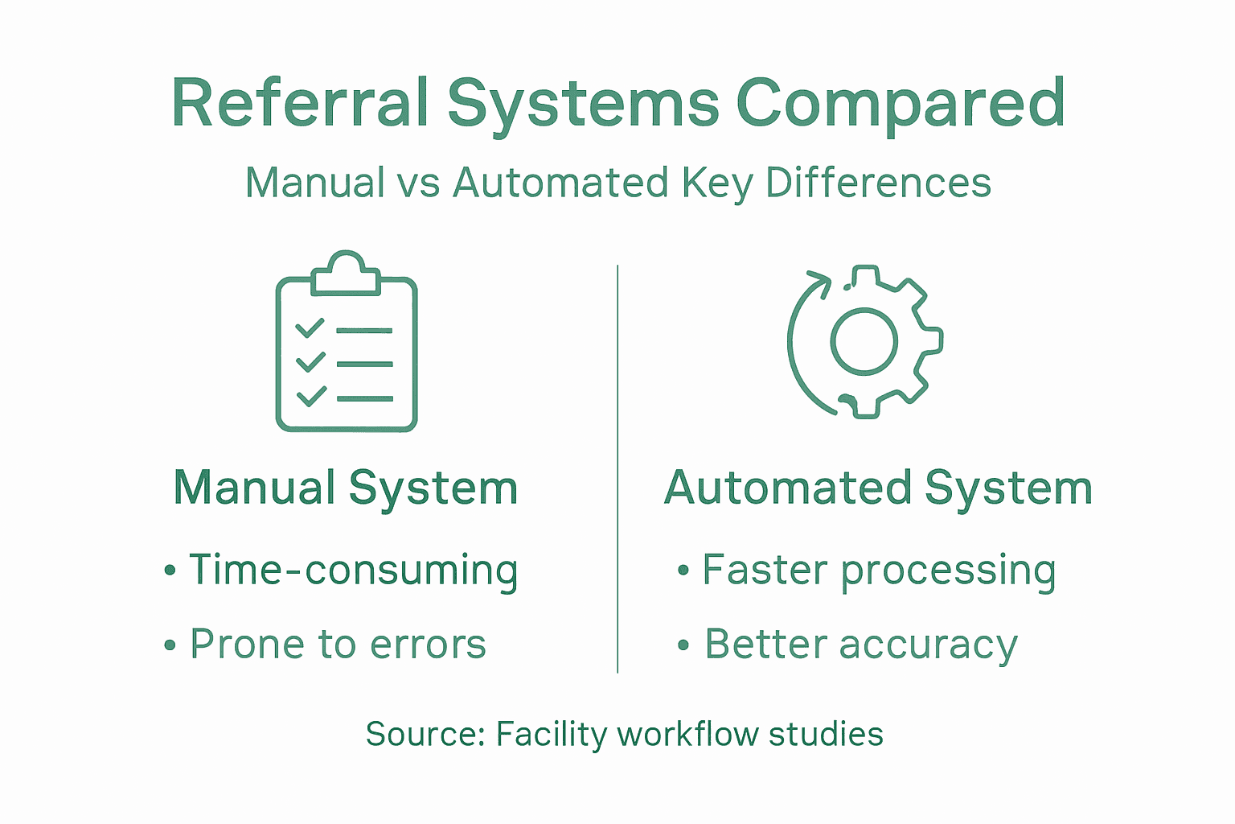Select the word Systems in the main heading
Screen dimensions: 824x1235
click(x=583, y=105)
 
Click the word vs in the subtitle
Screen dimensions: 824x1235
click(x=419, y=183)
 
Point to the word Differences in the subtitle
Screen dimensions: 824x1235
click(x=878, y=183)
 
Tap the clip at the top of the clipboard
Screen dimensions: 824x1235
click(x=345, y=274)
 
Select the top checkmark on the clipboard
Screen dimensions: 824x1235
click(x=310, y=328)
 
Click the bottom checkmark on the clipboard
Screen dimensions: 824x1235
click(x=310, y=396)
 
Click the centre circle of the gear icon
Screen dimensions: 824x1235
click(x=864, y=340)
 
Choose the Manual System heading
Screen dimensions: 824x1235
click(x=346, y=488)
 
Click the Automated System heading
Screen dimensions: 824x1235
click(x=878, y=488)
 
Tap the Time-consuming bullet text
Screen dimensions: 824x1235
click(x=353, y=570)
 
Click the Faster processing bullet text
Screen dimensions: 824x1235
click(x=879, y=570)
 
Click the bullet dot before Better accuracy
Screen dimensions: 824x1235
click(x=683, y=645)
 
